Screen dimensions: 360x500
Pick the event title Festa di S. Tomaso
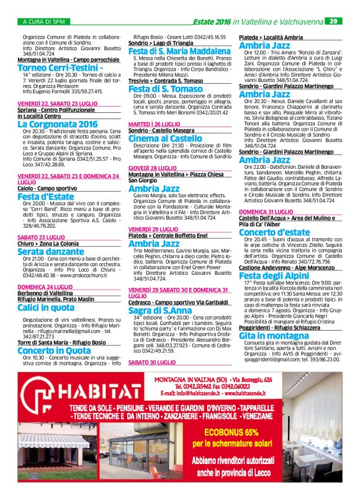click(161, 89)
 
